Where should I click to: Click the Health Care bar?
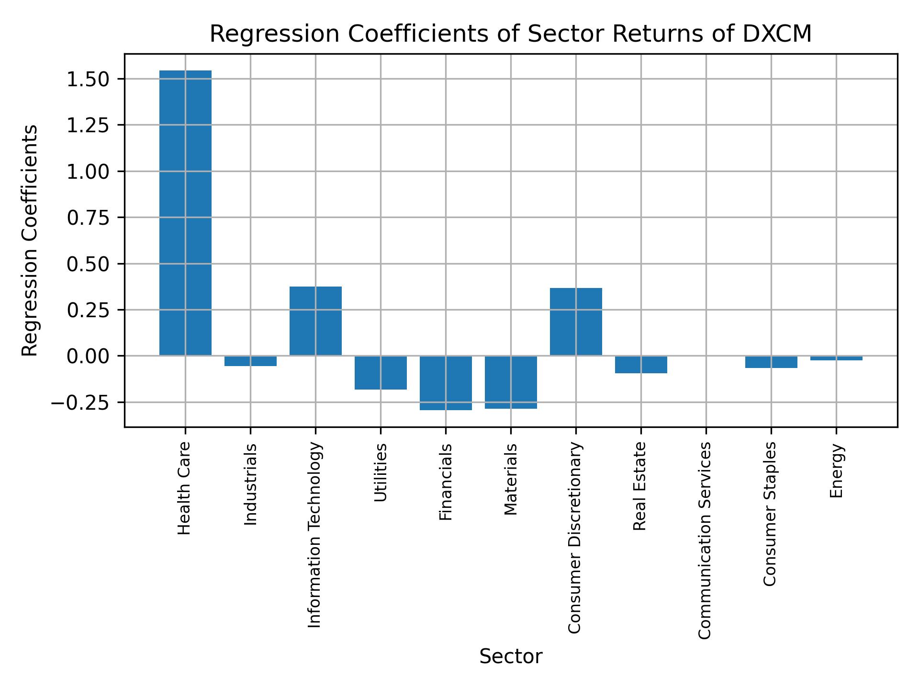185,213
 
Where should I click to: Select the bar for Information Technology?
315,321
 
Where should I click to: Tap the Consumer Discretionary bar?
576,322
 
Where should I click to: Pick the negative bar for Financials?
446,383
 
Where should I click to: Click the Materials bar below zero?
511,382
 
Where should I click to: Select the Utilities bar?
381,372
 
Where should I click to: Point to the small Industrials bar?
250,361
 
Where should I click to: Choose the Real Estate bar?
641,364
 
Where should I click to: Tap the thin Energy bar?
836,358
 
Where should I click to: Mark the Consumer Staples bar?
771,362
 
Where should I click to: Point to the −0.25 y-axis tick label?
81,403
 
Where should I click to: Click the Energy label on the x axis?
836,471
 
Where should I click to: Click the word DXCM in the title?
777,34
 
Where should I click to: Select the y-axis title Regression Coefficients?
30,240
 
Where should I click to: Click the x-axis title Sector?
511,656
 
